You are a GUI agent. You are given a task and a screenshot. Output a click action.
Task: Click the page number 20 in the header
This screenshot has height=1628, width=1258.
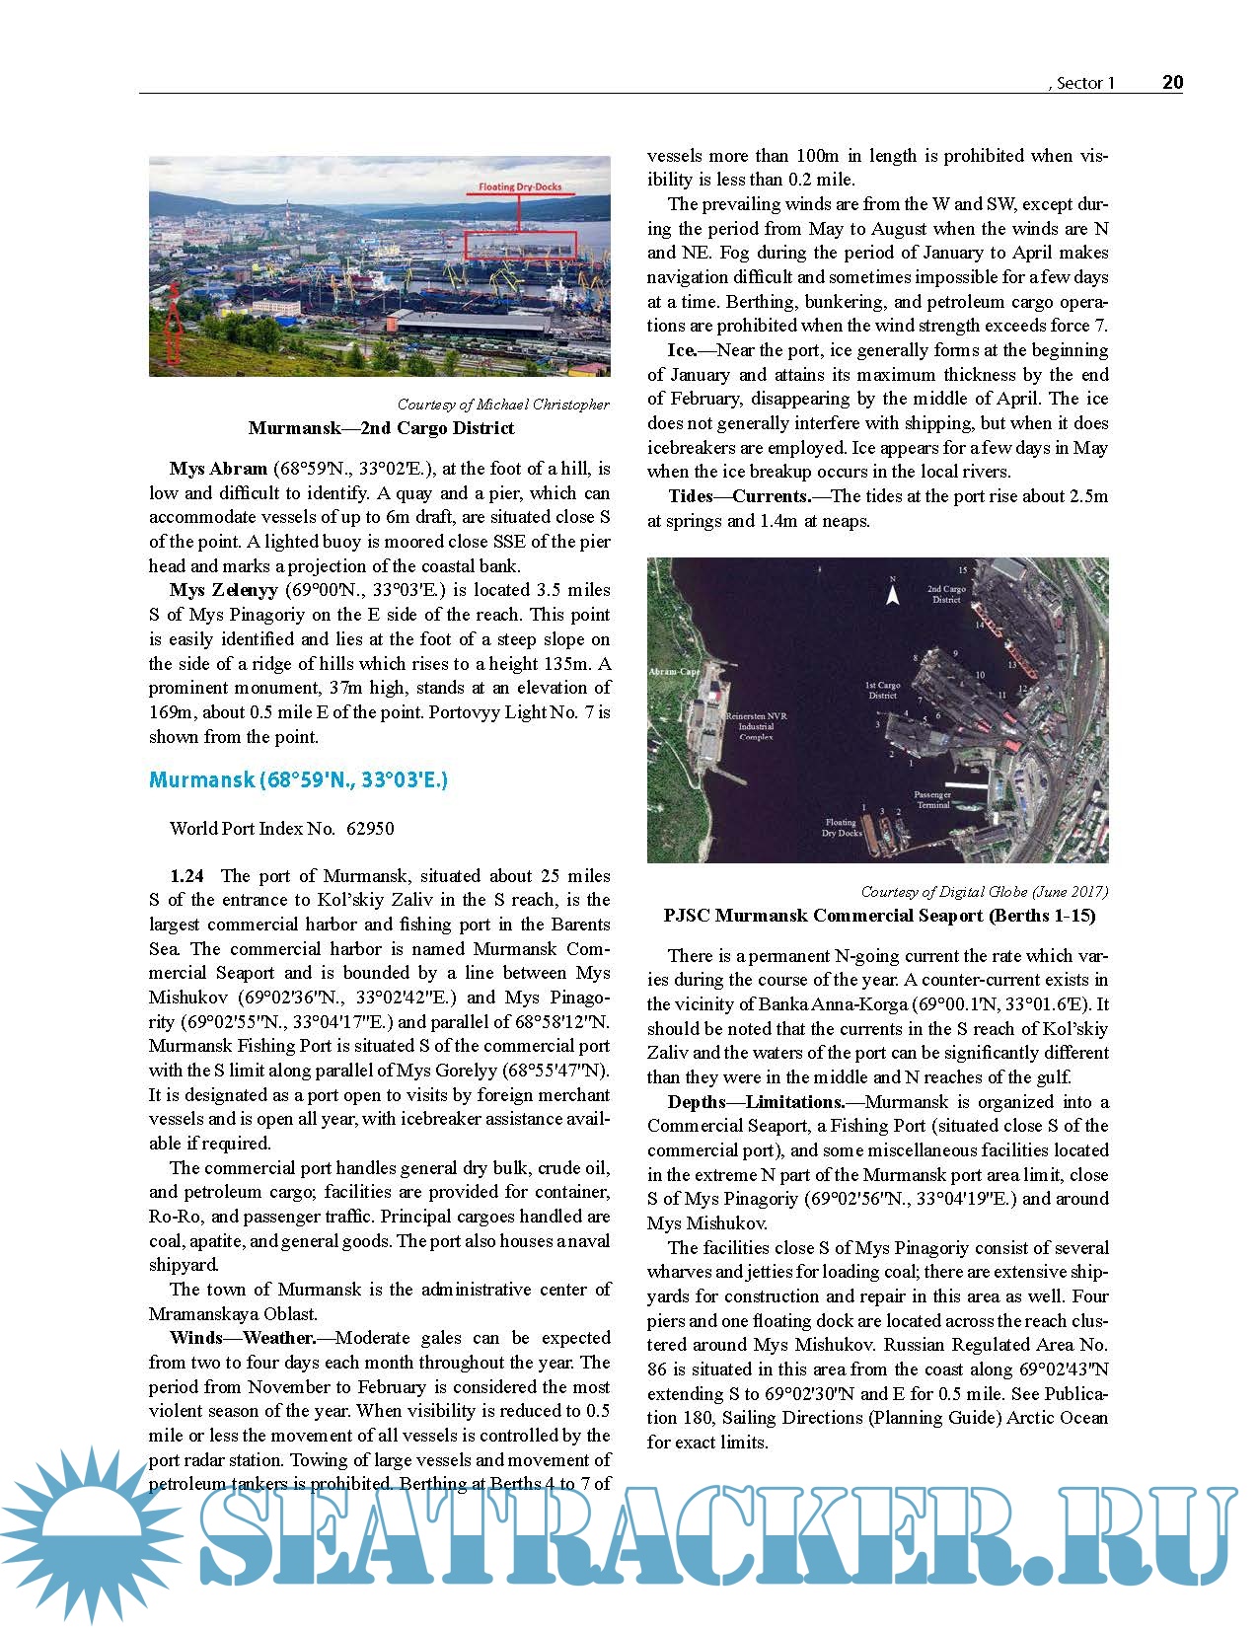[1172, 82]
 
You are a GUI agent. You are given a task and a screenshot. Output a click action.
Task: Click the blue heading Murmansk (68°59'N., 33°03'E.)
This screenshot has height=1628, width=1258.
[298, 780]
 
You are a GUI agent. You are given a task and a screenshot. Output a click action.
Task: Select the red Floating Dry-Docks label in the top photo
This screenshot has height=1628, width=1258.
[520, 186]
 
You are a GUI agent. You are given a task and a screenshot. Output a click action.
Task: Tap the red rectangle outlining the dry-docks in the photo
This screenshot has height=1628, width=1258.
[520, 245]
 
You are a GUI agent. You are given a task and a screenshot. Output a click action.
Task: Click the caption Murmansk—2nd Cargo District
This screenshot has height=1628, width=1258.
[381, 428]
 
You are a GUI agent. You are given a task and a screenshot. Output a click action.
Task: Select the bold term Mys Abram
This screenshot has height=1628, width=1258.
[218, 469]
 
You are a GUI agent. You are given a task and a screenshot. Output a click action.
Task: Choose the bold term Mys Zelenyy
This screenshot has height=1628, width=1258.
[223, 590]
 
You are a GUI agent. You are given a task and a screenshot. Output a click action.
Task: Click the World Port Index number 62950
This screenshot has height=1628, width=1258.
[370, 829]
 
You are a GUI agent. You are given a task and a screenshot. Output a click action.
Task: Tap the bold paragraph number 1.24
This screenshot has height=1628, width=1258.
[187, 876]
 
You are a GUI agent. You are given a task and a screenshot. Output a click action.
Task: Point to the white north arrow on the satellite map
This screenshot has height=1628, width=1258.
[893, 594]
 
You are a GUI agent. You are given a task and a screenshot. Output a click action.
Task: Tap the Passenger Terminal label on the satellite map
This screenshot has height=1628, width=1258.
[932, 799]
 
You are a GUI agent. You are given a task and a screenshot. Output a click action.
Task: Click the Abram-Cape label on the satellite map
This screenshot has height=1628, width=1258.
[674, 672]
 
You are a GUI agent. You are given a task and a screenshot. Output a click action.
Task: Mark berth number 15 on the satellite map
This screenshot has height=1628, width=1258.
[962, 570]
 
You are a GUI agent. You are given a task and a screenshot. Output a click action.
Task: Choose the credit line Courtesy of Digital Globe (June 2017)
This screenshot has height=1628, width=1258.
[984, 892]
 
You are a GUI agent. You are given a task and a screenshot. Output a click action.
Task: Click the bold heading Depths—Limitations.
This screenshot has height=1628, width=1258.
[756, 1102]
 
